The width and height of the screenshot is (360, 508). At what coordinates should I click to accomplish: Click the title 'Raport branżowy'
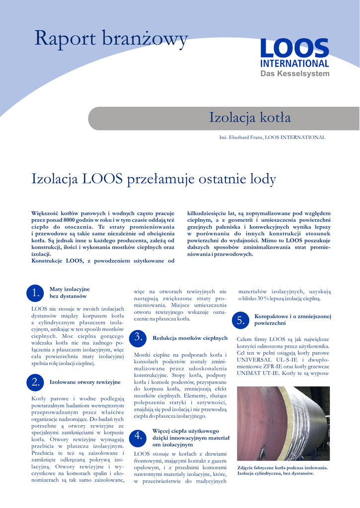click(111, 39)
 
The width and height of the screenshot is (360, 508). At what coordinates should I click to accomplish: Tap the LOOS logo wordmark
click(294, 49)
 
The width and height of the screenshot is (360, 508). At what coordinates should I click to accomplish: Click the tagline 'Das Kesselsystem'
click(295, 74)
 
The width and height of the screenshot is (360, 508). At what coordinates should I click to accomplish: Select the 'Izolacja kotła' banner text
click(250, 118)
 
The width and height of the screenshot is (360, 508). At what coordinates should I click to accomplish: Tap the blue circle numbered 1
click(35, 293)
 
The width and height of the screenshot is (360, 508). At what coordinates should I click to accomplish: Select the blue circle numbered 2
click(35, 382)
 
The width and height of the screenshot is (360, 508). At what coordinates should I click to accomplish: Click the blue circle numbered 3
click(139, 338)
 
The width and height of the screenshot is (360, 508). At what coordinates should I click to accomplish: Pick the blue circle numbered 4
click(139, 436)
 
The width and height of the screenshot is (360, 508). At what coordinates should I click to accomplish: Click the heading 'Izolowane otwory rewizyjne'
click(85, 382)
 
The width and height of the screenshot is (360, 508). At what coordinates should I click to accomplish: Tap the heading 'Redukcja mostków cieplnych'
click(190, 338)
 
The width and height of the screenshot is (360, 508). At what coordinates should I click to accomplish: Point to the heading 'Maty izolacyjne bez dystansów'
click(70, 292)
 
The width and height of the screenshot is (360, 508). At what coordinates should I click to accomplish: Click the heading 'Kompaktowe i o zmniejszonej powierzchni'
click(292, 319)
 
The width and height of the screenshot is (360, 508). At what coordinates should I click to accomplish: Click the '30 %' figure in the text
click(263, 299)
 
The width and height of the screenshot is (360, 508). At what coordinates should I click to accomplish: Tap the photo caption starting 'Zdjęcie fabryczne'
click(282, 470)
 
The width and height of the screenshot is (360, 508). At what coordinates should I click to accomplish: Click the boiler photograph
click(283, 423)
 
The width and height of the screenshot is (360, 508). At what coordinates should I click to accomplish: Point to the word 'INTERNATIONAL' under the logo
click(294, 63)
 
